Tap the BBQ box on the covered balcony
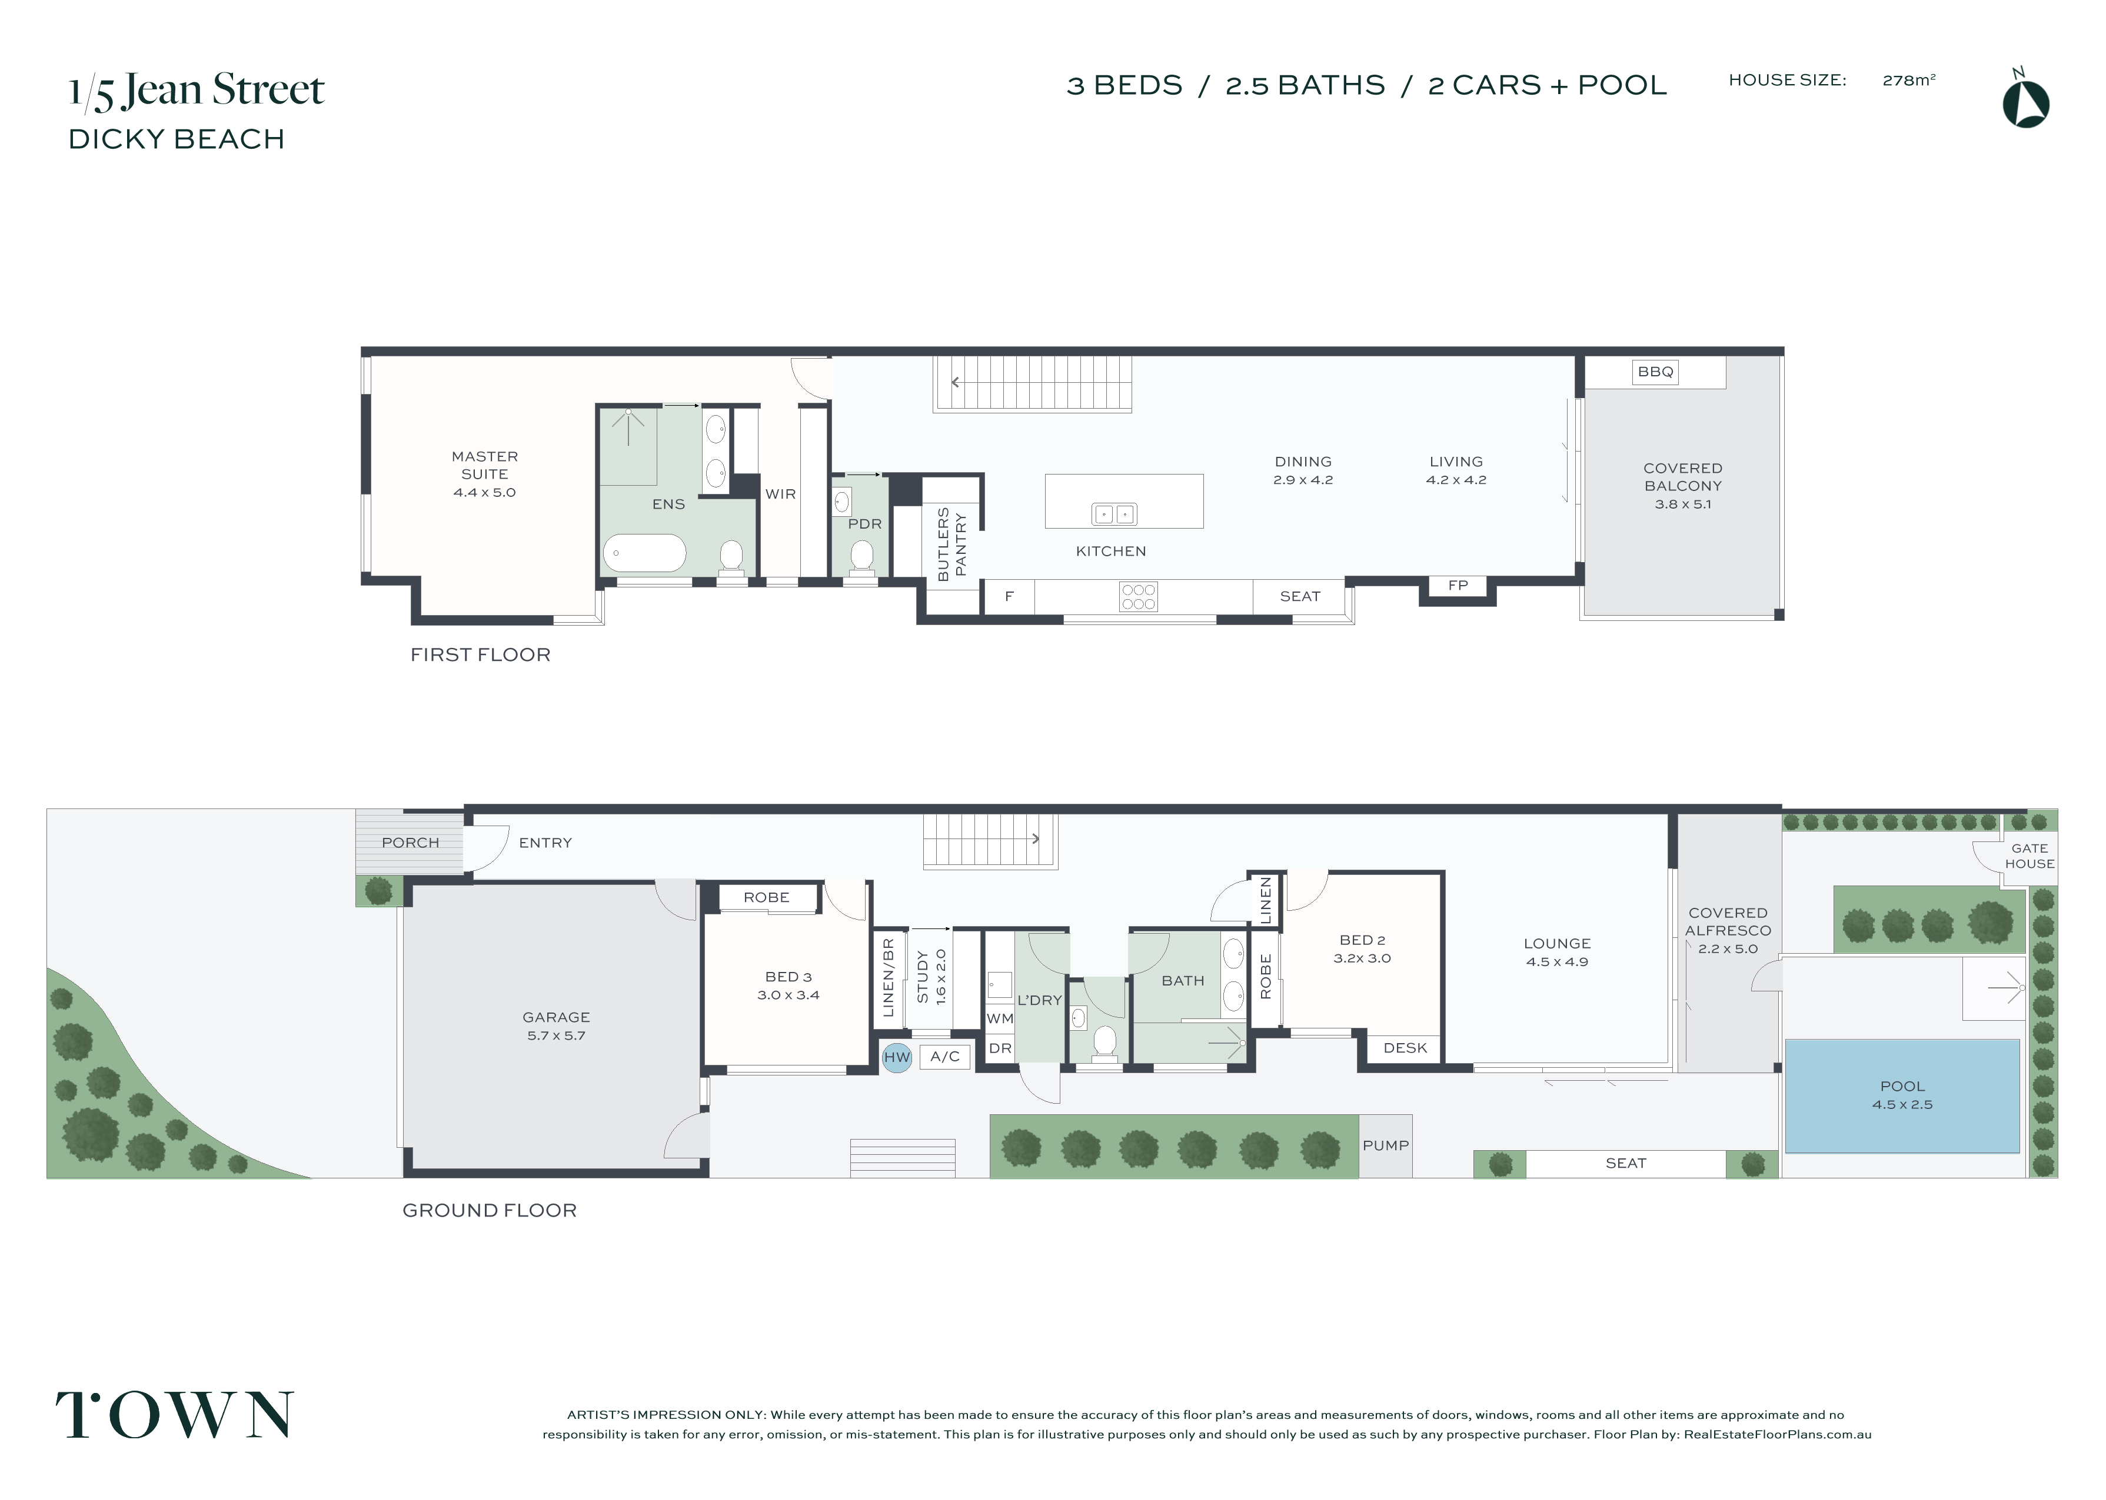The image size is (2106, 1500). pos(1655,372)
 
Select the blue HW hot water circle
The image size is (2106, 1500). pos(896,1058)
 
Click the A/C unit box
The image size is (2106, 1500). pos(944,1057)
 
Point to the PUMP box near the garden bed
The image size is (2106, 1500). pos(1385,1145)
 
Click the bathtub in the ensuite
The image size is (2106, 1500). pos(644,554)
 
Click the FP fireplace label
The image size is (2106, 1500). pos(1458,584)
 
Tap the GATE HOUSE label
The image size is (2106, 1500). pos(2030,856)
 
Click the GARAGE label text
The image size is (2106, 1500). pos(555,1017)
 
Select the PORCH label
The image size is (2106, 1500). pos(410,843)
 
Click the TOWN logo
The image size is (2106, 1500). pos(175,1414)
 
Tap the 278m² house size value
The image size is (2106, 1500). pos(1908,81)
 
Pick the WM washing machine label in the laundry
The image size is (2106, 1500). pos(1000,1019)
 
